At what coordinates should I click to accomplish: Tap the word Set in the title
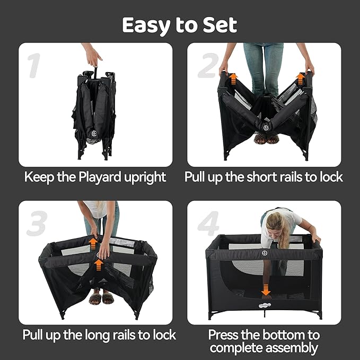tap(218, 25)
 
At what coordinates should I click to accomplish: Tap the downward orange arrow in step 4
tap(266, 290)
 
